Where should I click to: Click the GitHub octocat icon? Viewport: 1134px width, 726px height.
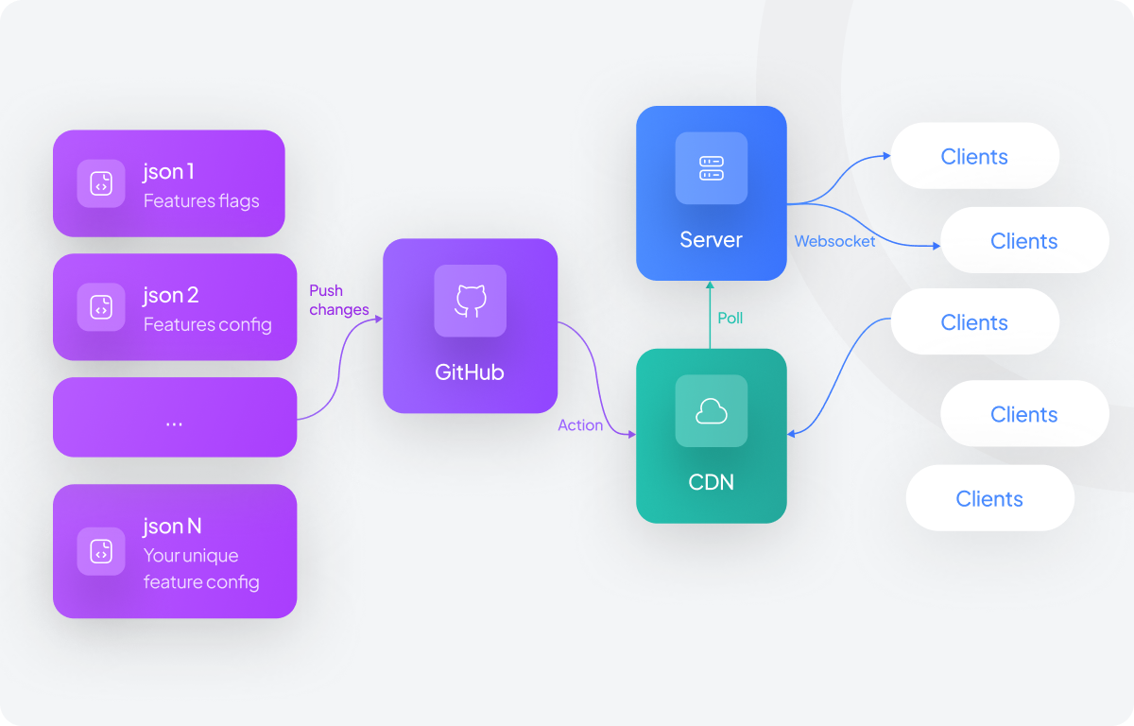click(x=470, y=301)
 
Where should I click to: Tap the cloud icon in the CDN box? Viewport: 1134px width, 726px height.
click(x=711, y=410)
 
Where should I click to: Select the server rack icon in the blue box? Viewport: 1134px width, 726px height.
click(x=711, y=168)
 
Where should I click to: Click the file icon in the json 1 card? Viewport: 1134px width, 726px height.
click(x=101, y=183)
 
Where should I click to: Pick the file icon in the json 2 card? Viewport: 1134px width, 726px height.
click(x=101, y=306)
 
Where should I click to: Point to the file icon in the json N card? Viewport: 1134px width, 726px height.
click(x=101, y=551)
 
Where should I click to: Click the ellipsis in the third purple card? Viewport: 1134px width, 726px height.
click(x=174, y=423)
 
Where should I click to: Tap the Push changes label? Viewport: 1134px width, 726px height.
click(x=338, y=300)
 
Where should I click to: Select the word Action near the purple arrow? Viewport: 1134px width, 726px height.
click(x=580, y=425)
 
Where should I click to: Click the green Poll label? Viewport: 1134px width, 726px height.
click(x=730, y=319)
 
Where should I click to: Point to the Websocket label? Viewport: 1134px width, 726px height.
click(x=834, y=241)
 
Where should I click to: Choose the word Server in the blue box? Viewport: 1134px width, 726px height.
click(x=711, y=239)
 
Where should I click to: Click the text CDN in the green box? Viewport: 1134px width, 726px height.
click(x=711, y=482)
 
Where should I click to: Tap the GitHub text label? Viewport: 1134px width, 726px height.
click(x=470, y=372)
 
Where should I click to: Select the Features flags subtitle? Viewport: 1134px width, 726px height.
click(x=201, y=201)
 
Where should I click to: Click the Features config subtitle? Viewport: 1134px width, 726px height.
click(x=208, y=324)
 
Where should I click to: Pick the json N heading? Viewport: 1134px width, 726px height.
click(x=172, y=526)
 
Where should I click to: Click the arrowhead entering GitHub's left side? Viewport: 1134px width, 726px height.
click(x=378, y=319)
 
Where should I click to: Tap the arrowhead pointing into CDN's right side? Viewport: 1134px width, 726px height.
click(x=792, y=434)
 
